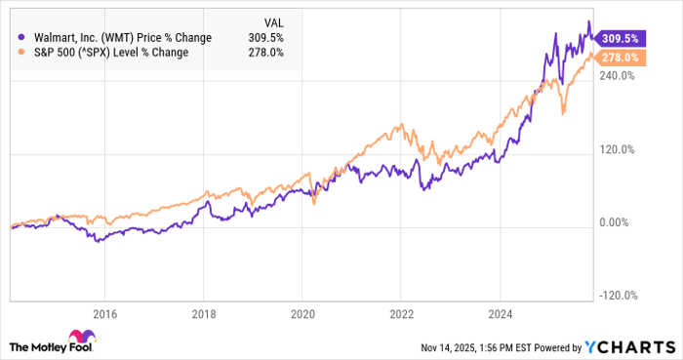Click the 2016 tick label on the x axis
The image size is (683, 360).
click(x=104, y=314)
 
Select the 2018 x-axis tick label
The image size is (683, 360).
click(x=203, y=314)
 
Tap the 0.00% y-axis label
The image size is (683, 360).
click(x=616, y=223)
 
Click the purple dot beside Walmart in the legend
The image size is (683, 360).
click(x=21, y=37)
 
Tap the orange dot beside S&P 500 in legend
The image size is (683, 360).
click(x=21, y=53)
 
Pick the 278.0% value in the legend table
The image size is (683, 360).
click(x=266, y=53)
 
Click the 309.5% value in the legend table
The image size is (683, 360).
click(x=266, y=37)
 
